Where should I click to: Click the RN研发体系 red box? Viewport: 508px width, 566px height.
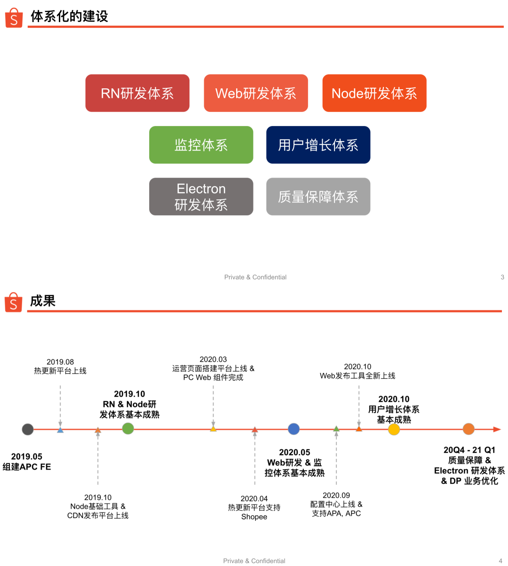point(137,93)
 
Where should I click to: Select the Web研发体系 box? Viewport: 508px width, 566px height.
point(256,93)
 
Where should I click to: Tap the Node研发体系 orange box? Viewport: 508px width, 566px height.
point(374,93)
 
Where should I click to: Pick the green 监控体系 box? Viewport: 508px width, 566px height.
point(201,145)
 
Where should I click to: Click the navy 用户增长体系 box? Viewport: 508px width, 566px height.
point(318,145)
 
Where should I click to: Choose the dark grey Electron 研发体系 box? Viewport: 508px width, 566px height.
point(201,197)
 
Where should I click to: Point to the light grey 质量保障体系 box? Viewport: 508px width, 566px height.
point(318,197)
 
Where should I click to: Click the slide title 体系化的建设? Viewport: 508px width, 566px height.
point(69,16)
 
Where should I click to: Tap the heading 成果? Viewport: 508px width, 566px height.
point(43,301)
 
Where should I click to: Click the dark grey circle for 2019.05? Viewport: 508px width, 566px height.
point(28,429)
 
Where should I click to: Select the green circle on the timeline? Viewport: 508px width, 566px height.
point(128,428)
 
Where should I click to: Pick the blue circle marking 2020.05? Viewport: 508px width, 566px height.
point(294,429)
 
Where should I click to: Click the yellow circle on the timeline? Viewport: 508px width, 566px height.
point(394,429)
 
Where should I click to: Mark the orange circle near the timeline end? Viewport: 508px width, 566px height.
point(468,429)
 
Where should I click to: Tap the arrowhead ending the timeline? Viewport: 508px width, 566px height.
point(497,429)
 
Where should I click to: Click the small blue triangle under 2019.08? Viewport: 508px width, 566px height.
point(60,430)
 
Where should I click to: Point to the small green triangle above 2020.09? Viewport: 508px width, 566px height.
point(336,429)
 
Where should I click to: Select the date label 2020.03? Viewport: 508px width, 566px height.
point(213,360)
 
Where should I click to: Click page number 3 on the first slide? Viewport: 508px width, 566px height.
point(502,277)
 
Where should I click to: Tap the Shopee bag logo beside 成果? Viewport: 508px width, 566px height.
point(14,302)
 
